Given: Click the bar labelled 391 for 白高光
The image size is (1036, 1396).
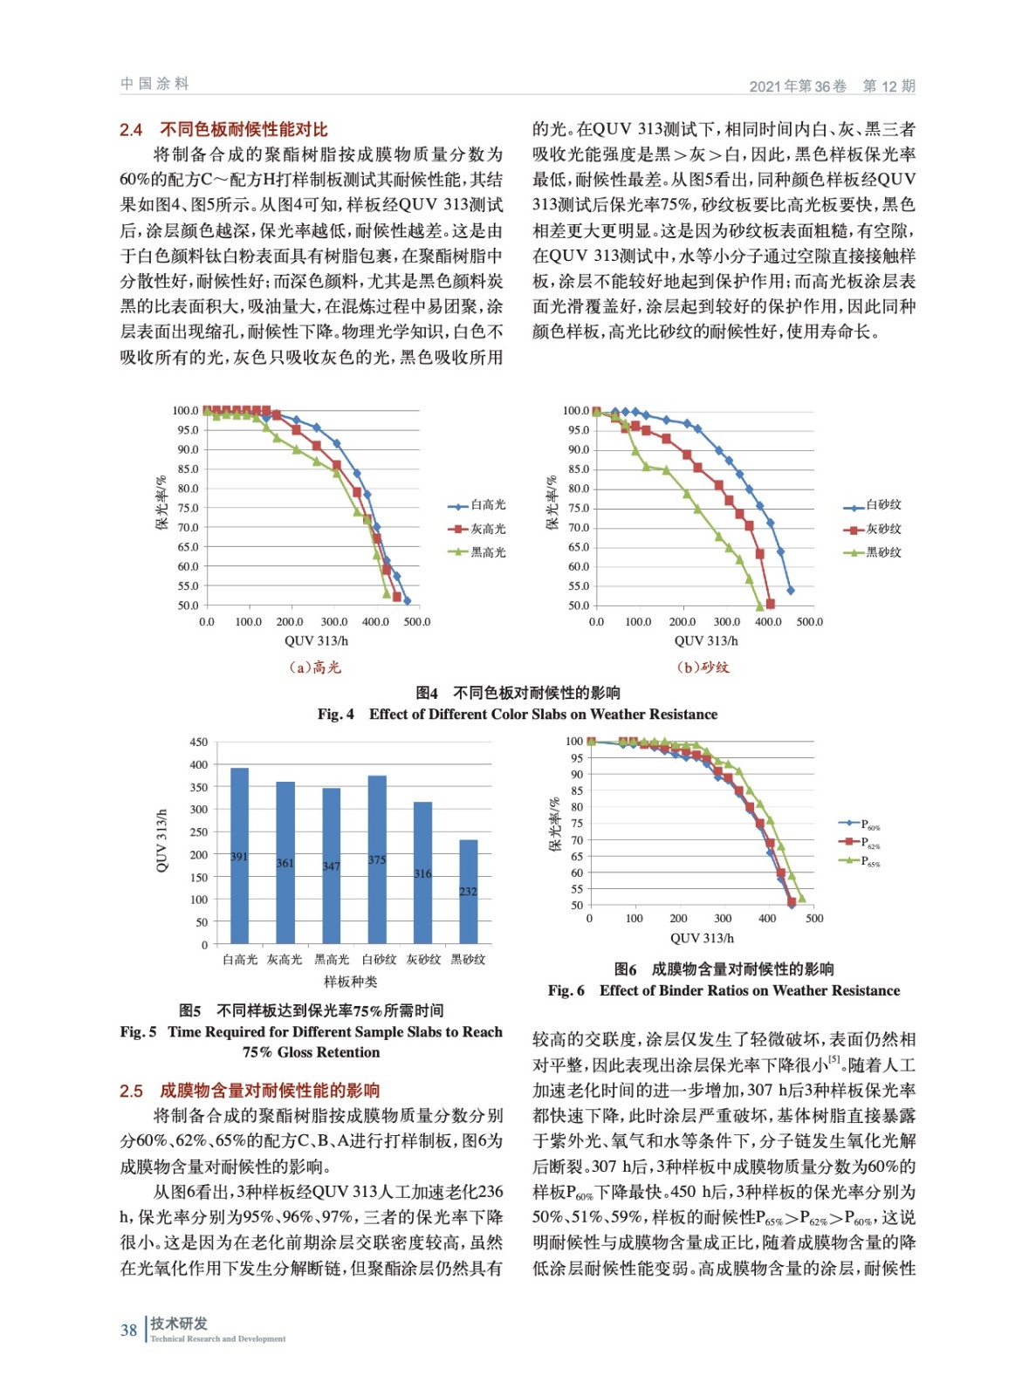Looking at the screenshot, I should (239, 855).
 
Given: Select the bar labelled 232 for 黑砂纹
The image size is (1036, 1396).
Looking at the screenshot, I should (469, 891).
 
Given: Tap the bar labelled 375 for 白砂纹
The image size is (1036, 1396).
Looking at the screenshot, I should (377, 859).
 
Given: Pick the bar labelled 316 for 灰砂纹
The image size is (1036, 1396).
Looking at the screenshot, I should (422, 872).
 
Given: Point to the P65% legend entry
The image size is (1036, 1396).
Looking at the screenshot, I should (869, 861).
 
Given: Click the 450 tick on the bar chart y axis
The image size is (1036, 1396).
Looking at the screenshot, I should (199, 742).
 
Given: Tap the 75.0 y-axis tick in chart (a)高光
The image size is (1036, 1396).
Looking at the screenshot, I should (188, 508).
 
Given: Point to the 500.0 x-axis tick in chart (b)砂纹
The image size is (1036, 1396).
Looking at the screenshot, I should (809, 622).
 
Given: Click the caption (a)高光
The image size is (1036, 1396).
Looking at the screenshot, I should (315, 667).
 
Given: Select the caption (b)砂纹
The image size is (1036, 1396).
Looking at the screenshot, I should (703, 667).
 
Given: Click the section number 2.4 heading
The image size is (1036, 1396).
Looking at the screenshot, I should (131, 130).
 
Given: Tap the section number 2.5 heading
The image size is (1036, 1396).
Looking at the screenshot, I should (131, 1091).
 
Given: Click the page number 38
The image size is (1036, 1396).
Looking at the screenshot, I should (128, 1331).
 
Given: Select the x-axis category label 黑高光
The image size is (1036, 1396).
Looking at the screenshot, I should (332, 960).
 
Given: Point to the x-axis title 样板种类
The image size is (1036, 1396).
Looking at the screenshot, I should (351, 982).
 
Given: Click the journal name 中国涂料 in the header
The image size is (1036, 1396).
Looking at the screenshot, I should (154, 84).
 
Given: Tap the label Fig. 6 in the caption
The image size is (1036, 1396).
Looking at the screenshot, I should (566, 991).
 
